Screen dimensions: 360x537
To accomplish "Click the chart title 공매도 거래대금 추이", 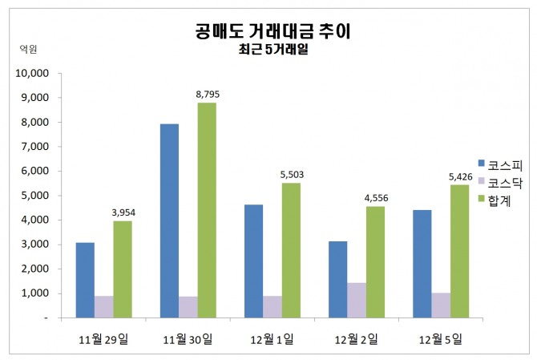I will point(273,32).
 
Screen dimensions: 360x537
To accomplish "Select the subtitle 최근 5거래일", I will point(273,51).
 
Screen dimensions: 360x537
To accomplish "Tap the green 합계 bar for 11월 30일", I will point(207,210).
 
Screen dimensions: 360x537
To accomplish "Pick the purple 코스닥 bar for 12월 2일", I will point(357,300).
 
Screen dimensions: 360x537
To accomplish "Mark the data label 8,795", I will point(207,94).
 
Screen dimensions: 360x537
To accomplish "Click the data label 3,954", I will point(122,212).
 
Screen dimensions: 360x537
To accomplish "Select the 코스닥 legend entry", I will point(500,181).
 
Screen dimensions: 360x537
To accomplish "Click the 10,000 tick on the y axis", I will point(33,73).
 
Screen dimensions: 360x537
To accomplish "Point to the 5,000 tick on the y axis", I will point(35,196).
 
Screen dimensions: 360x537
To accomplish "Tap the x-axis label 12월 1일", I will point(273,338).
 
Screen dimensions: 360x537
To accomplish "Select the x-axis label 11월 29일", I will point(103,338).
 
